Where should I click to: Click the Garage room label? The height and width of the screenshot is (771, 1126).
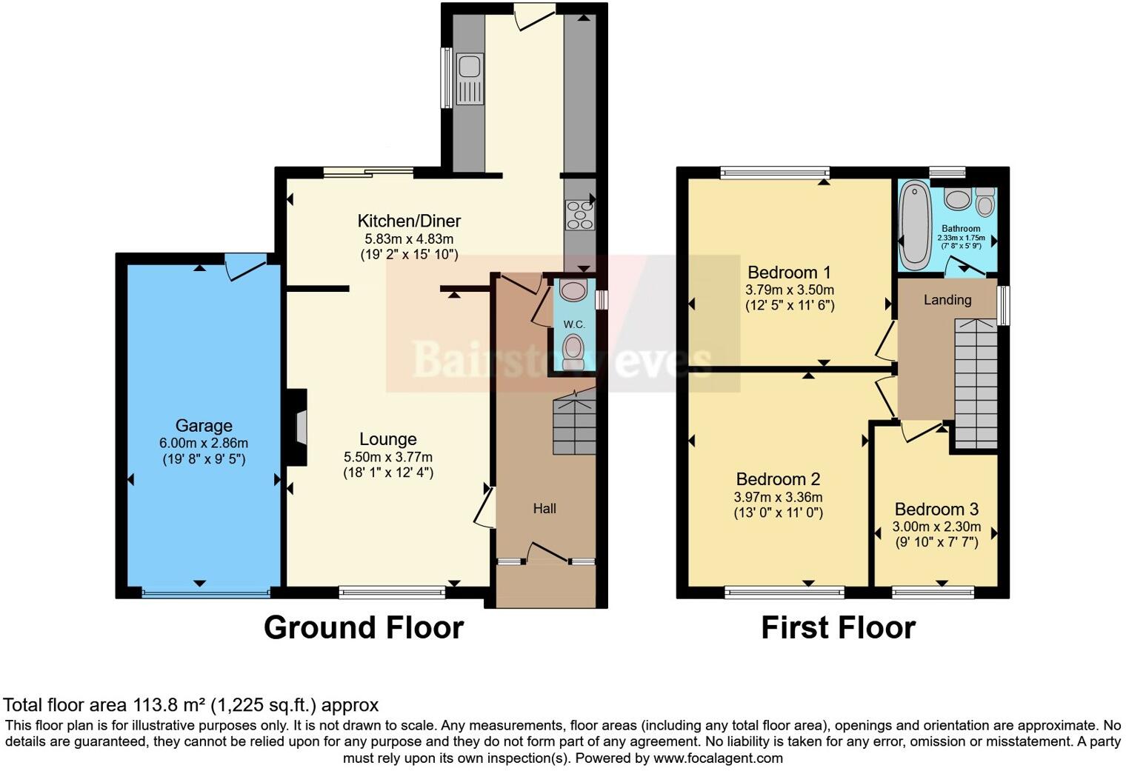pos(204,426)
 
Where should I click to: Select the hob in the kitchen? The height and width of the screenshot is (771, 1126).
pos(579,214)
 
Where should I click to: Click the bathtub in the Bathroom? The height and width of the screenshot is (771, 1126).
pos(915,224)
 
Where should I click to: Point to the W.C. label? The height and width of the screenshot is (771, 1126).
pos(574,324)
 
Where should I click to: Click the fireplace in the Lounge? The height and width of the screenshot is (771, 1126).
pos(299,427)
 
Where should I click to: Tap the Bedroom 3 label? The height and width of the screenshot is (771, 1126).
pos(936,510)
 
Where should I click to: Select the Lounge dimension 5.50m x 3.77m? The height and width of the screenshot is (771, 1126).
pos(388,457)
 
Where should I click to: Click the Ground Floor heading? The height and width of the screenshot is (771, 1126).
pos(364,627)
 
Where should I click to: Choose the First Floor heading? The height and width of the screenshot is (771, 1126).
pos(838,627)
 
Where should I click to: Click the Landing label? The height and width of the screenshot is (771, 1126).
pos(947,300)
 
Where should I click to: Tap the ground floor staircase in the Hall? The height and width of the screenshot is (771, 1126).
pos(575,425)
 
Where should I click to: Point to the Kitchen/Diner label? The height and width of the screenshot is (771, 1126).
pos(409,221)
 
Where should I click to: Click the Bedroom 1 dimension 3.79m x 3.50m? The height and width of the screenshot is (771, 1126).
pos(790,290)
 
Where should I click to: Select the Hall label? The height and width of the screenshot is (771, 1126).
pos(544,509)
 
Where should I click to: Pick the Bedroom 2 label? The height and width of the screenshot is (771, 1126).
pos(778,479)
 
